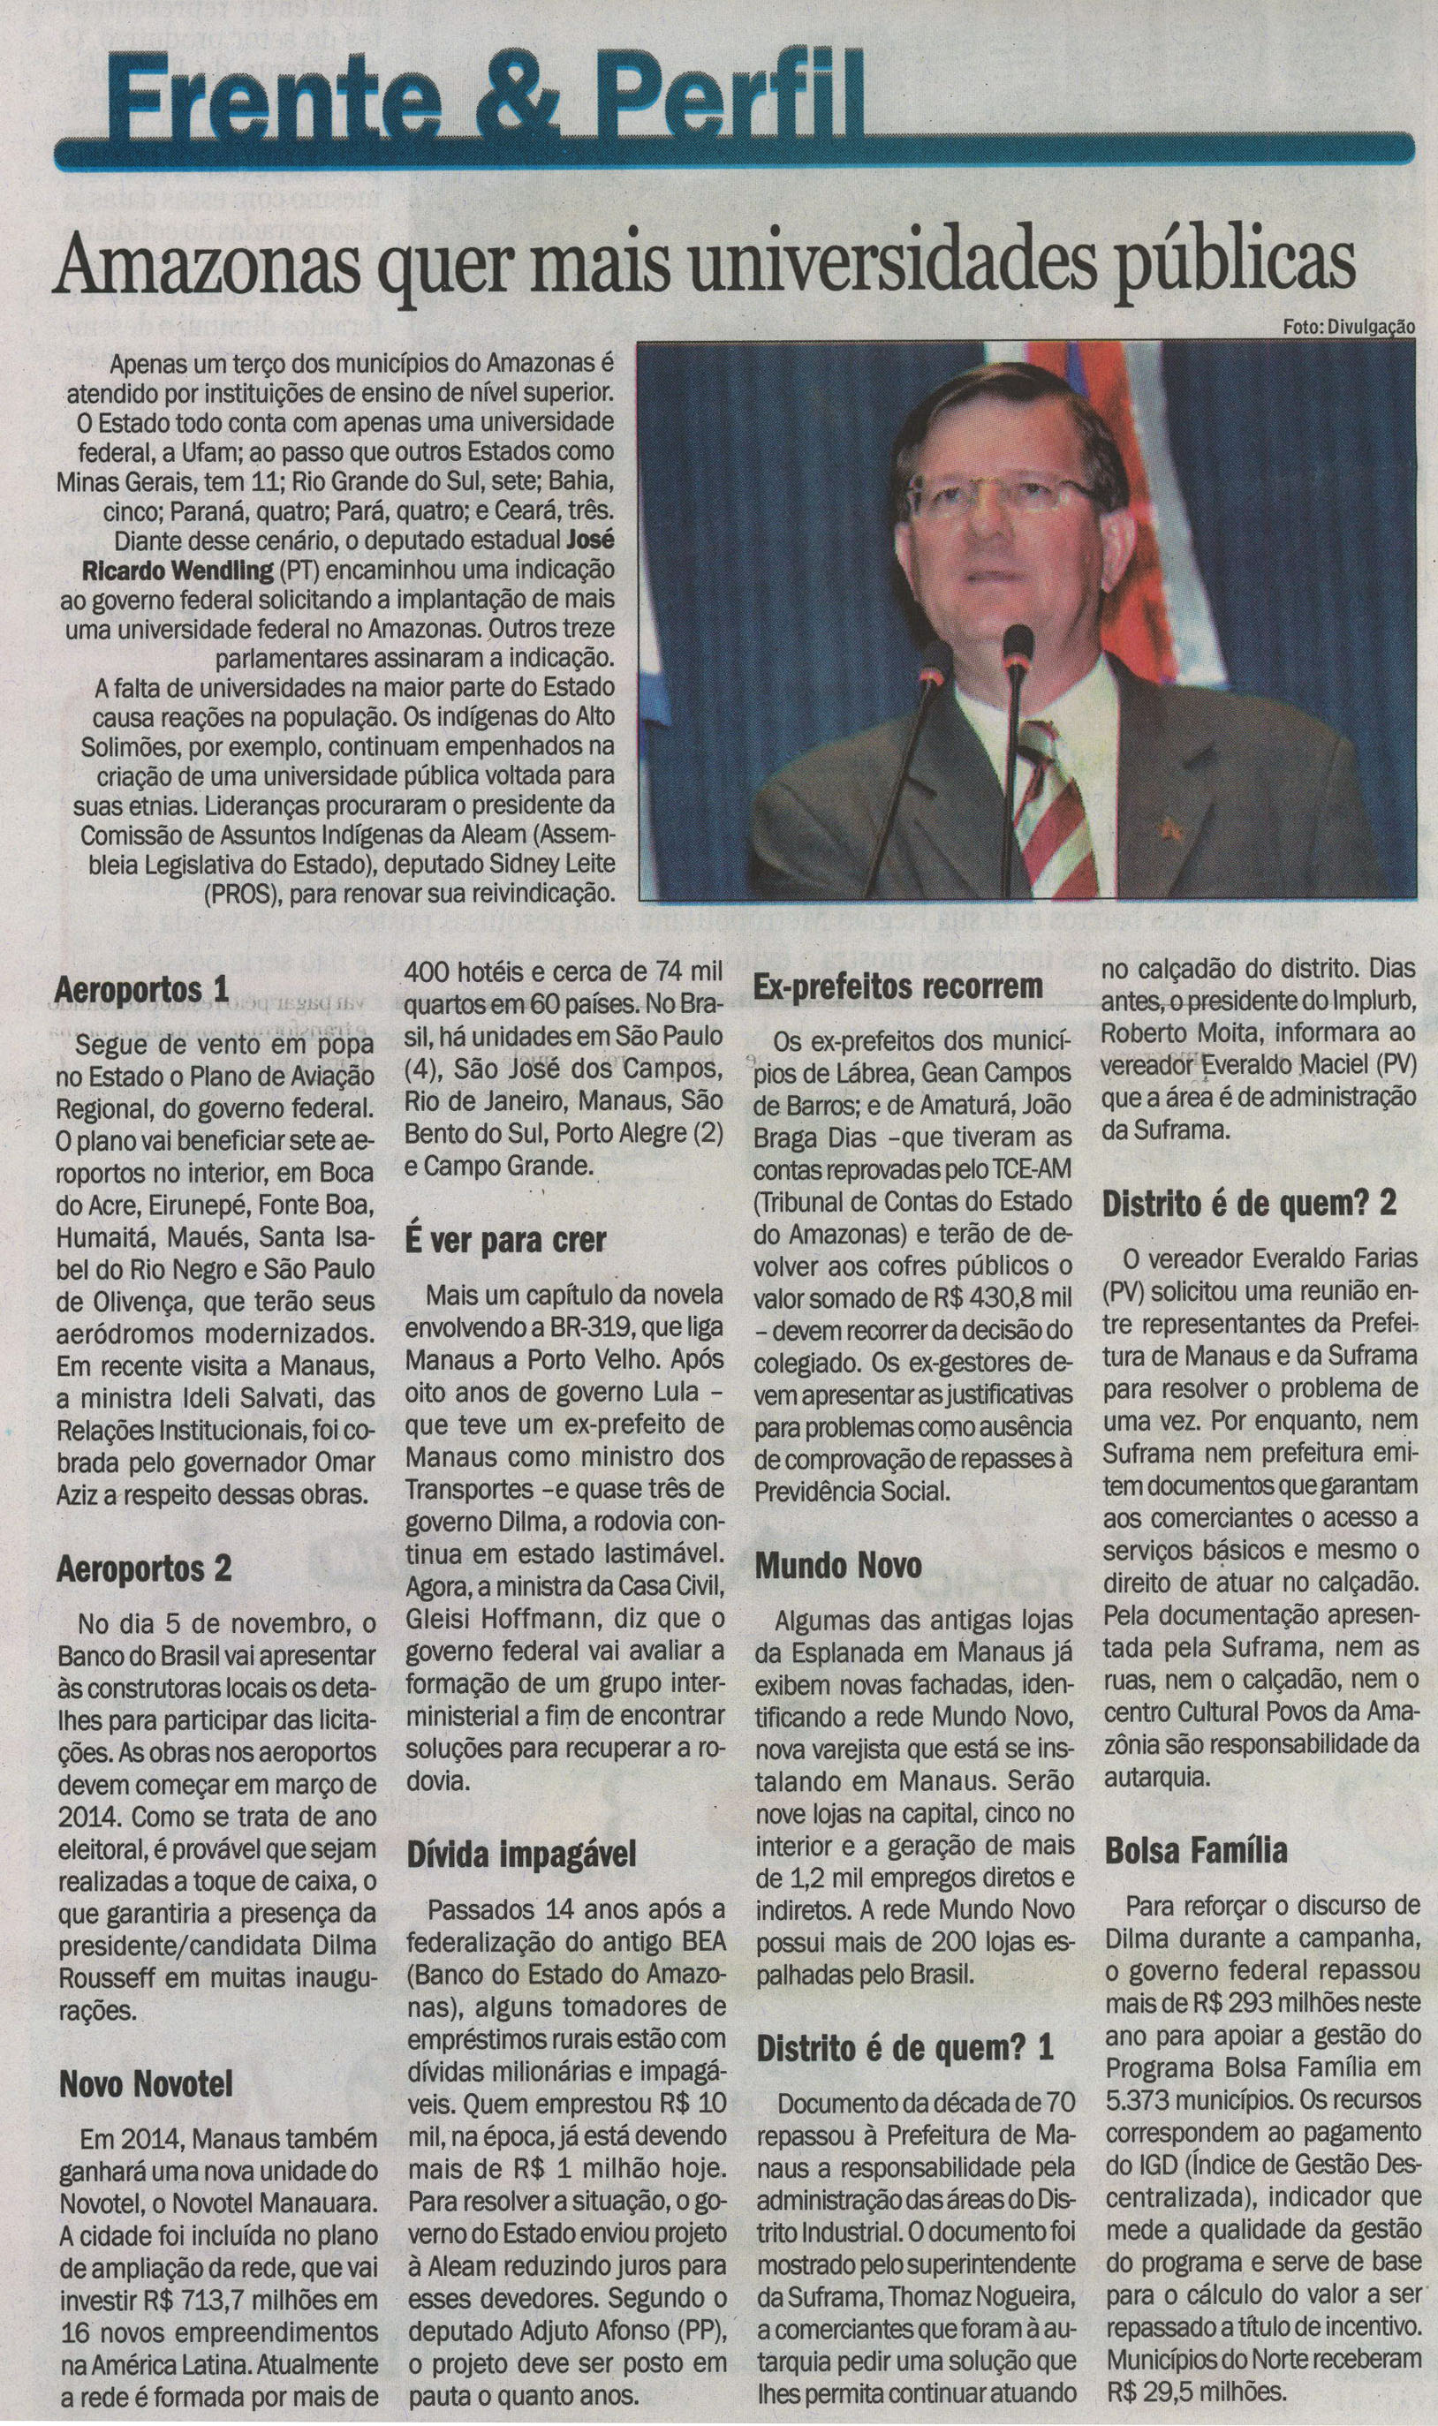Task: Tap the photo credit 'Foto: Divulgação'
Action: click(x=1348, y=328)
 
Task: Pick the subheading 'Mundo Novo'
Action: click(x=838, y=1567)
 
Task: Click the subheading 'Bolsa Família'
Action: click(x=1196, y=1850)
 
